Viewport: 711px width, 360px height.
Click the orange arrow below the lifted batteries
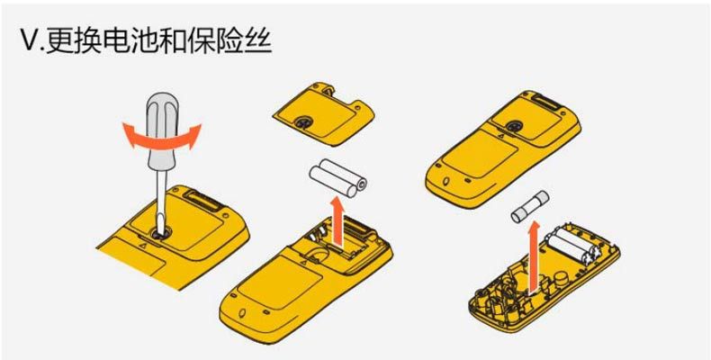339,220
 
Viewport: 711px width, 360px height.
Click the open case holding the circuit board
540,279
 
